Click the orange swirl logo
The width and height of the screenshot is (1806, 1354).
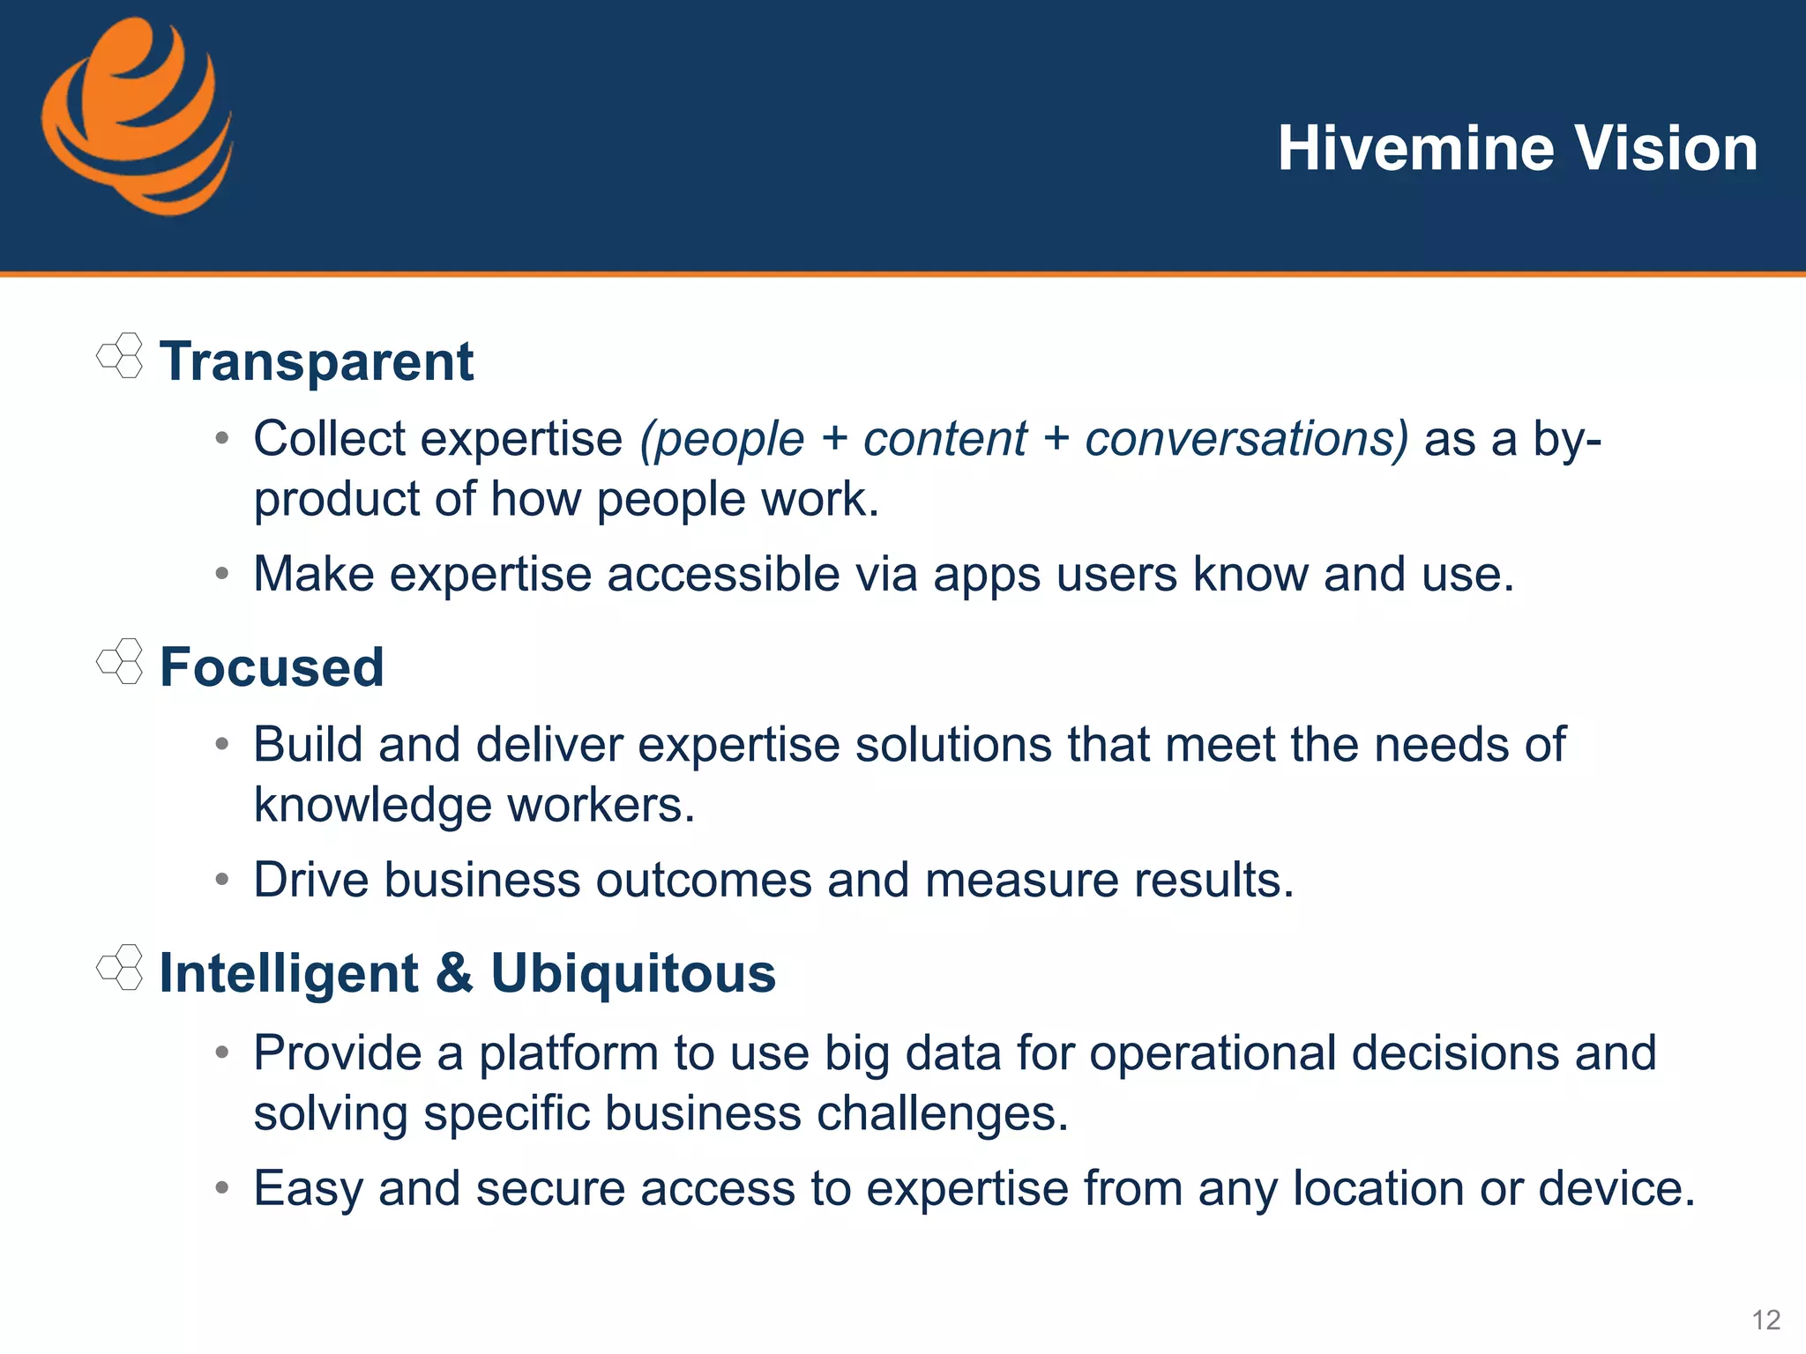(137, 117)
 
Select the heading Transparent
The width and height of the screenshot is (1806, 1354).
(317, 361)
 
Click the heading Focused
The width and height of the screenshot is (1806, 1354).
(272, 667)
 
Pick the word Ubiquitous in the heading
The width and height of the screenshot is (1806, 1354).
(632, 973)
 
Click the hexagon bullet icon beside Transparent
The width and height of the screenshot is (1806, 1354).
(120, 355)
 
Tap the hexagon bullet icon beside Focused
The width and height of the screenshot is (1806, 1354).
(120, 661)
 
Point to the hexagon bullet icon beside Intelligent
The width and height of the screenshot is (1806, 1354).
(120, 967)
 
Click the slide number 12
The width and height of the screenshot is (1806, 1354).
(1765, 1320)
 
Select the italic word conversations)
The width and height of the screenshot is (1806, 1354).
(1246, 438)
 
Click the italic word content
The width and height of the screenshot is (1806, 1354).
(944, 438)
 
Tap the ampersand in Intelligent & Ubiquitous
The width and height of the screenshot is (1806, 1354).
(454, 973)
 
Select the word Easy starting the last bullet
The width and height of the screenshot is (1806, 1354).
(308, 1188)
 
